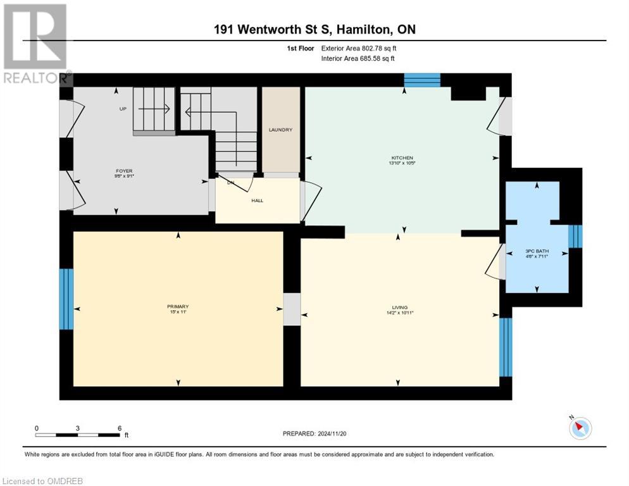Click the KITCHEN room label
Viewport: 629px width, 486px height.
click(x=402, y=158)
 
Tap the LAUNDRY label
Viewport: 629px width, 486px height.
click(x=280, y=130)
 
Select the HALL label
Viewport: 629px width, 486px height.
click(x=257, y=201)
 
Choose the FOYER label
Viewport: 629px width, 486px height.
click(x=123, y=170)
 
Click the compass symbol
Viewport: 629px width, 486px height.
click(x=580, y=428)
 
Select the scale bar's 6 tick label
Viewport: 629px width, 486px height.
click(x=120, y=428)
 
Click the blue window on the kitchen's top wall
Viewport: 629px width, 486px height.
click(x=422, y=80)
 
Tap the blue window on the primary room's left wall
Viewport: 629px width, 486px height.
click(x=66, y=299)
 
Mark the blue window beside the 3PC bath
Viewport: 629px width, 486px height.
click(x=575, y=236)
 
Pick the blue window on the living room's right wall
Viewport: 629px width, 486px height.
click(x=506, y=347)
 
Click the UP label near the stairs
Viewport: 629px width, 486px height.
click(x=123, y=109)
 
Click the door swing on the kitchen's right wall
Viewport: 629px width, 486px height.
click(x=498, y=118)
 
